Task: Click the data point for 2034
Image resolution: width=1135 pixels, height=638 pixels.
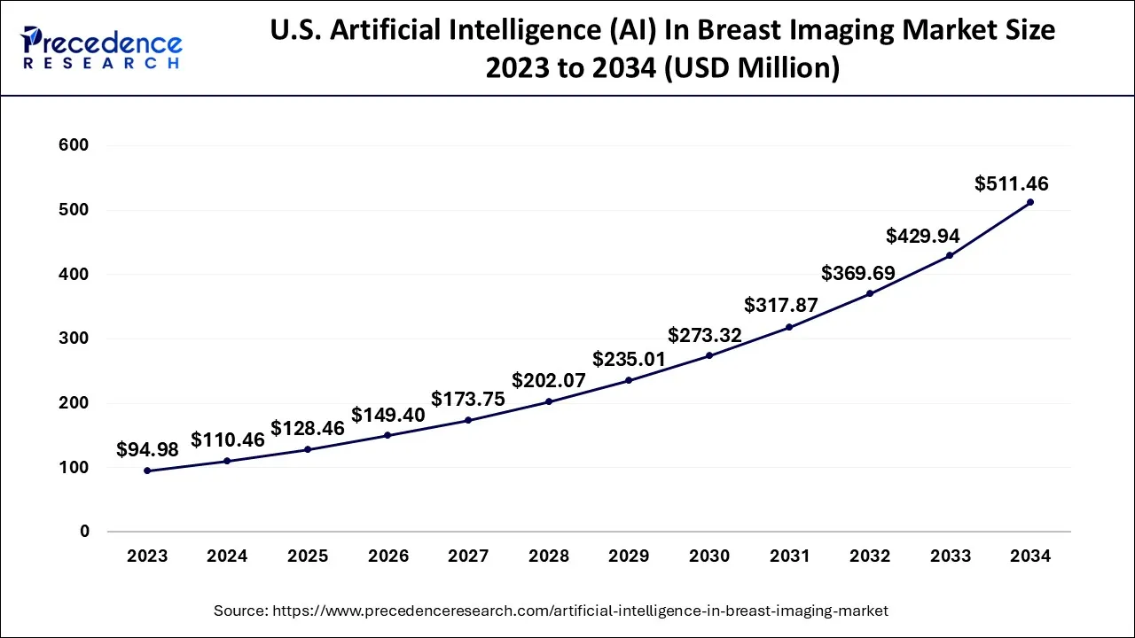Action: click(x=1029, y=202)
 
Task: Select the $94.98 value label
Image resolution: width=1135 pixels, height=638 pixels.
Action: click(x=147, y=450)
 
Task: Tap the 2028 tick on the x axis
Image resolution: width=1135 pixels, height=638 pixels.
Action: click(x=548, y=556)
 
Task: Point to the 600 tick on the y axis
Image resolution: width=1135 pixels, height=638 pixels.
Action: click(x=74, y=145)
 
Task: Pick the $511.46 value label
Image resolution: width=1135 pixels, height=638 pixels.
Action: click(x=1011, y=184)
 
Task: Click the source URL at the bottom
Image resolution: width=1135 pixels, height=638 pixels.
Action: click(x=551, y=611)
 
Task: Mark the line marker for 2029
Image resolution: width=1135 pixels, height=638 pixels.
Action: click(x=629, y=380)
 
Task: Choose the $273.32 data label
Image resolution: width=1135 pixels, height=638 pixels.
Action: click(x=705, y=335)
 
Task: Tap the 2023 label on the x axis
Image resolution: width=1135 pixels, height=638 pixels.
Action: click(x=147, y=556)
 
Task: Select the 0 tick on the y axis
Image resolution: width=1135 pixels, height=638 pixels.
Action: click(x=85, y=532)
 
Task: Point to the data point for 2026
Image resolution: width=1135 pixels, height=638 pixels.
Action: click(x=387, y=435)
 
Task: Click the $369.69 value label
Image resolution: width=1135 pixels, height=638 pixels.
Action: click(x=857, y=273)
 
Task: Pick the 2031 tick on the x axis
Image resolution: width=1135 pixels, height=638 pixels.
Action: click(x=789, y=556)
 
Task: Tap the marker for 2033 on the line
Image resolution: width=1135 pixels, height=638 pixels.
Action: click(x=949, y=255)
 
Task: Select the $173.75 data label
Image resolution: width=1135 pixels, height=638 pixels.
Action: click(x=468, y=400)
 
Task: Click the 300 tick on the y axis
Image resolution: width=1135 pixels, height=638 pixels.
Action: click(x=74, y=338)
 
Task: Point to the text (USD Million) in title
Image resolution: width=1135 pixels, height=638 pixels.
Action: click(x=751, y=67)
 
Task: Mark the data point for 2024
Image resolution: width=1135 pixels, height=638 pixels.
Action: click(x=227, y=461)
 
